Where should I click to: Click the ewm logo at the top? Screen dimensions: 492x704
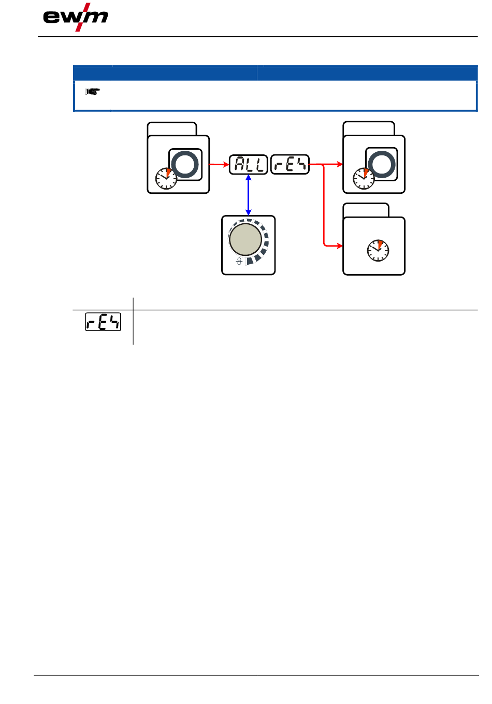tap(76, 17)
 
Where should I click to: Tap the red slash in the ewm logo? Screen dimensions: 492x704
tap(83, 17)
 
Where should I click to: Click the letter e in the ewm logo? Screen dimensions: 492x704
tap(51, 17)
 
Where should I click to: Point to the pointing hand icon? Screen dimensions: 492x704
tap(92, 92)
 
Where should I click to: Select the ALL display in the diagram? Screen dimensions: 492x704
tap(248, 164)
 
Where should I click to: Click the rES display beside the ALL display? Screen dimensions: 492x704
tap(290, 164)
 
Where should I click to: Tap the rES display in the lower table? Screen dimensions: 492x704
tap(103, 322)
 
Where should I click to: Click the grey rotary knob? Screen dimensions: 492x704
tap(245, 239)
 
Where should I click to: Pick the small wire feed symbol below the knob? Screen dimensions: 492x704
tap(239, 261)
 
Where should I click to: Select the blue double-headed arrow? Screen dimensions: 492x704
tap(248, 195)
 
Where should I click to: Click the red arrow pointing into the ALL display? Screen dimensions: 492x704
tap(219, 164)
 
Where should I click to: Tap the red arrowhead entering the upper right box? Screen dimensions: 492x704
tap(340, 164)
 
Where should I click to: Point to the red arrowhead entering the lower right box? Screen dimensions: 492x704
tap(340, 246)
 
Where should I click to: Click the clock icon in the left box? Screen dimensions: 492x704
tap(166, 179)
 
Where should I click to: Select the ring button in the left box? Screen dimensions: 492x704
tap(185, 164)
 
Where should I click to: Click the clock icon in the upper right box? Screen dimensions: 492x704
tap(364, 179)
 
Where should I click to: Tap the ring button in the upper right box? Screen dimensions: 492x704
tap(382, 164)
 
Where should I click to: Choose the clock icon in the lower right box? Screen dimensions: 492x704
tap(378, 251)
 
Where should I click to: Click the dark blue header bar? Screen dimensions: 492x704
tap(275, 73)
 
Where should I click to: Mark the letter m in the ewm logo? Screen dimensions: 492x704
tap(97, 17)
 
